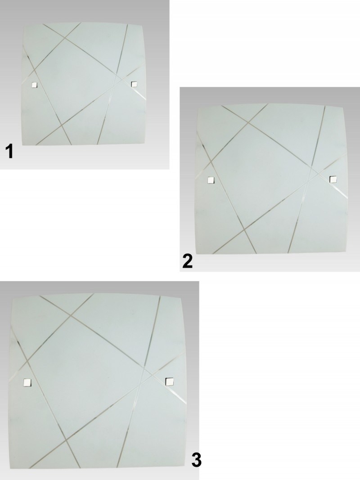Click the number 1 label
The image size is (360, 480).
(x=10, y=152)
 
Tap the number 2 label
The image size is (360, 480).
(x=187, y=262)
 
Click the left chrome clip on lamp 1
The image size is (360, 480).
(x=34, y=85)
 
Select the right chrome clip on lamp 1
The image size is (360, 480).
(x=134, y=84)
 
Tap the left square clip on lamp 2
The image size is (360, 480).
(x=211, y=180)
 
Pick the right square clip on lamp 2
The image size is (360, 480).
(x=333, y=179)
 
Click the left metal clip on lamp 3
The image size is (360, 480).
(x=27, y=382)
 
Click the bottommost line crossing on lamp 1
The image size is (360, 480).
(x=62, y=125)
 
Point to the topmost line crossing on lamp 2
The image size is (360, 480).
(x=248, y=123)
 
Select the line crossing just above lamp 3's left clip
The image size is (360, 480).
(x=27, y=361)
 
